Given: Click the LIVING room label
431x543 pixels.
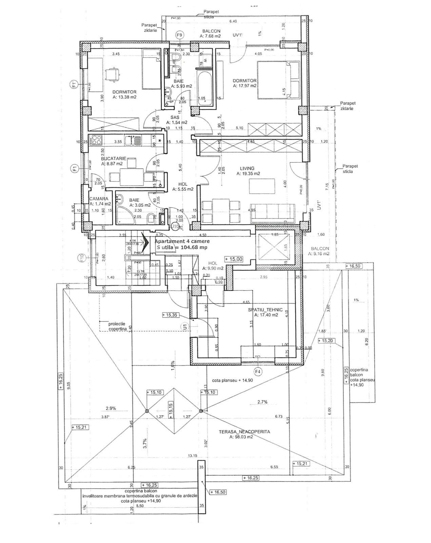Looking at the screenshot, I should pyautogui.click(x=247, y=168).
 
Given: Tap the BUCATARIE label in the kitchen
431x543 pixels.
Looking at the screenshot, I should pyautogui.click(x=113, y=158).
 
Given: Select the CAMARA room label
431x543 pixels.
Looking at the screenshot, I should pyautogui.click(x=99, y=199).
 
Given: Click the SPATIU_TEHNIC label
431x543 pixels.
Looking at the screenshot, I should pyautogui.click(x=265, y=310).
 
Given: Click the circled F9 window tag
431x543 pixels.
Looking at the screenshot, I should pyautogui.click(x=180, y=35).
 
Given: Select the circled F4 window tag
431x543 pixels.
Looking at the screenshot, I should pyautogui.click(x=258, y=372).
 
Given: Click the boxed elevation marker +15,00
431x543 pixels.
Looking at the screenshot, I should pyautogui.click(x=234, y=259).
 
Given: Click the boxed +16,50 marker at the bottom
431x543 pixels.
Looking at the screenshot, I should pyautogui.click(x=218, y=492).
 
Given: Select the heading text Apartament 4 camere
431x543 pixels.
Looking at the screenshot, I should pyautogui.click(x=182, y=241).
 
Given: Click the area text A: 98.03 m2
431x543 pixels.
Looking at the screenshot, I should pyautogui.click(x=241, y=437).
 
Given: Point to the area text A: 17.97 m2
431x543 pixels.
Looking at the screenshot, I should pyautogui.click(x=244, y=86).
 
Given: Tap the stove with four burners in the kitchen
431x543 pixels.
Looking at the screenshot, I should pyautogui.click(x=96, y=140).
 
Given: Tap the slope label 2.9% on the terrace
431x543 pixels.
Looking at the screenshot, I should pyautogui.click(x=111, y=408).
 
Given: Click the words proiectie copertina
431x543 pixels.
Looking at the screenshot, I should pyautogui.click(x=117, y=326).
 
